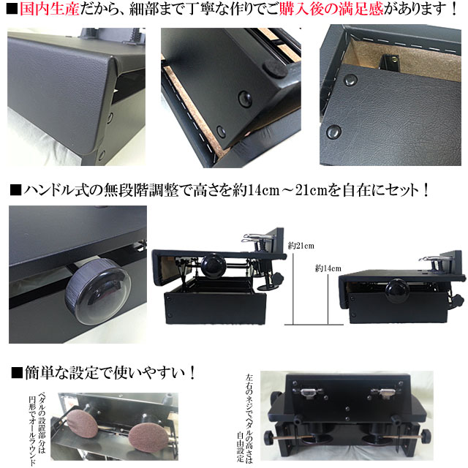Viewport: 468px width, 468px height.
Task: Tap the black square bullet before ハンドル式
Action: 15,191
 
